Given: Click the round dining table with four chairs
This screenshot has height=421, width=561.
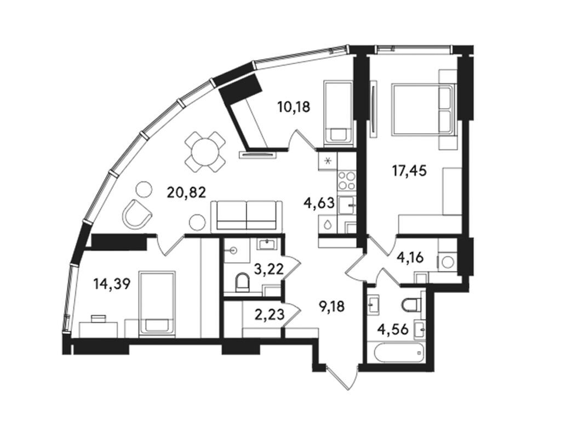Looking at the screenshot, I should (x=205, y=151).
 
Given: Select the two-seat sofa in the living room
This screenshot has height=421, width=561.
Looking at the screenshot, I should (x=246, y=215).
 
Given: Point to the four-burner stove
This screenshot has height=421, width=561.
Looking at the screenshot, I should (x=347, y=180).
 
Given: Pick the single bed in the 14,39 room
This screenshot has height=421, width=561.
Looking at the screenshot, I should (x=157, y=303).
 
